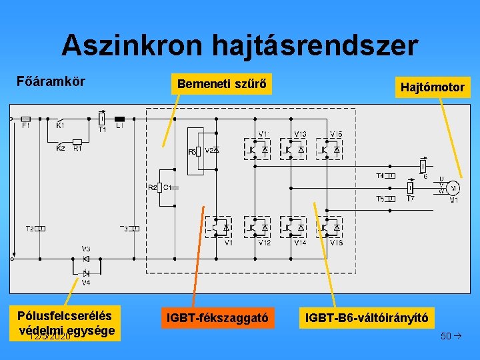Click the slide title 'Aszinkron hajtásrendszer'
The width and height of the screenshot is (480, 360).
240,46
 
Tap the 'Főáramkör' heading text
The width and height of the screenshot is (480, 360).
51,82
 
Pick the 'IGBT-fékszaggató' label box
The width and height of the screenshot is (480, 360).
218,319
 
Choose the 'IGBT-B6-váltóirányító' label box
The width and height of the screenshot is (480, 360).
367,319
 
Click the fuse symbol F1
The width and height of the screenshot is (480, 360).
26,119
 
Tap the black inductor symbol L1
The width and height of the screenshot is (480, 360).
120,119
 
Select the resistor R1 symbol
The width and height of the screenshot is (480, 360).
77,141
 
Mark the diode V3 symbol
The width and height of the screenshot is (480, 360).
86,258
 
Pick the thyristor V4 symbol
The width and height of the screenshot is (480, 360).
86,273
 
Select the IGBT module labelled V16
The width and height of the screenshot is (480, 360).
330,227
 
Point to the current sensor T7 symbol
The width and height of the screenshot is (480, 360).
411,189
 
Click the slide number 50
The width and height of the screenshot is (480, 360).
445,335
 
